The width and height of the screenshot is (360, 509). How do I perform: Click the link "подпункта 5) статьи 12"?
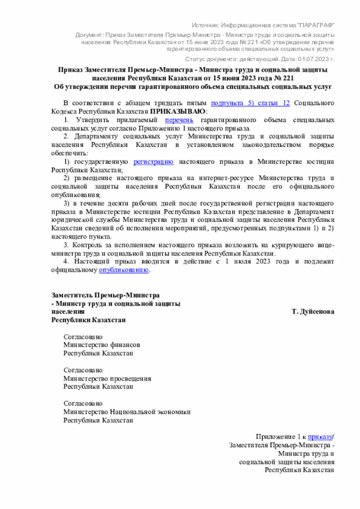point(250,103)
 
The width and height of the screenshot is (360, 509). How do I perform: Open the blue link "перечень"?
point(179,120)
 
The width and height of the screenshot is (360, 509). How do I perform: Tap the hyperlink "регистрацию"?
point(153,161)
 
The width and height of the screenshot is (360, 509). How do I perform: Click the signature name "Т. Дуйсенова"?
point(313,311)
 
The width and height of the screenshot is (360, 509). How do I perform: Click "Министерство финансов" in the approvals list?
point(101,345)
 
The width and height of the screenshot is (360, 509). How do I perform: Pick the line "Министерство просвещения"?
point(107,379)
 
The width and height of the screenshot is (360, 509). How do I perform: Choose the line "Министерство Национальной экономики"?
point(127,412)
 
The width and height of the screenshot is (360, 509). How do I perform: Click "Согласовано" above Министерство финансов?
point(83,336)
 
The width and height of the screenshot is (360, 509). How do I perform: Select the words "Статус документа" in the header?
point(216,58)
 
